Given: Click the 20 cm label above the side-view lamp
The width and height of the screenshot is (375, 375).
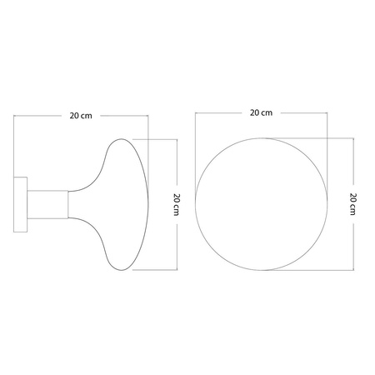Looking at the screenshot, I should click(81, 117).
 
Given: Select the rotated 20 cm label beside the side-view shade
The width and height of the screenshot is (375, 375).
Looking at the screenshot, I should click(177, 204).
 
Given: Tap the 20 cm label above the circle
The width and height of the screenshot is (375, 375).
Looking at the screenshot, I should click(261, 112).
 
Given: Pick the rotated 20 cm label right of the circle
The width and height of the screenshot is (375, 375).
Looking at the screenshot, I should click(354, 204).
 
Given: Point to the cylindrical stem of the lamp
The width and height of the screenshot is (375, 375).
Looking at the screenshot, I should click(47, 204).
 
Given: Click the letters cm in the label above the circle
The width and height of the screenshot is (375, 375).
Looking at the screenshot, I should click(267, 112).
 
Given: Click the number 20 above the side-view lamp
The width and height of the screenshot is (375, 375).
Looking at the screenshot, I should click(74, 117).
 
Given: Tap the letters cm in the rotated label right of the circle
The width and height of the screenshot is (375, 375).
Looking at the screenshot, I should click(354, 210).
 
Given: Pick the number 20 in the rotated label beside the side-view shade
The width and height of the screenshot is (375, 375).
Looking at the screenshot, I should click(177, 198).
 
